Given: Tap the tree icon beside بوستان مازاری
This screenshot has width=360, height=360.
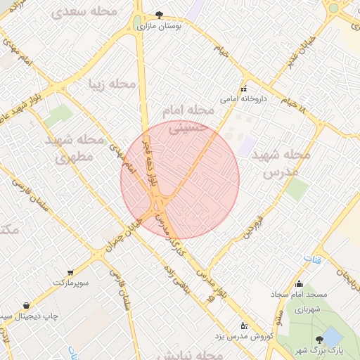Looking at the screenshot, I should (160, 14).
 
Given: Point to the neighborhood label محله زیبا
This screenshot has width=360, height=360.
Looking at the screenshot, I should (112, 84).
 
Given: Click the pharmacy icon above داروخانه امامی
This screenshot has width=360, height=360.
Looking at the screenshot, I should (244, 89).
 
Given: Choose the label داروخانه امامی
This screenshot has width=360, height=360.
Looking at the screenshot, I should (240, 99).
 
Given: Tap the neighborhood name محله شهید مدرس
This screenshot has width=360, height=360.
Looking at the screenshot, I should (280, 162).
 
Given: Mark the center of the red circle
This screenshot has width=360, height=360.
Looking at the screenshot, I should (180, 180).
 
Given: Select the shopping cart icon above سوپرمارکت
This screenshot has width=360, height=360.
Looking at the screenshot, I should (70, 272).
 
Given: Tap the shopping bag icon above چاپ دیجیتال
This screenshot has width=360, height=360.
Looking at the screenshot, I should (26, 306).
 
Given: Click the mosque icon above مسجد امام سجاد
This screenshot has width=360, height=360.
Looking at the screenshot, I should (299, 284).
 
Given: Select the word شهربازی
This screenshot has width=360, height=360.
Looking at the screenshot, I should (307, 309).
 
